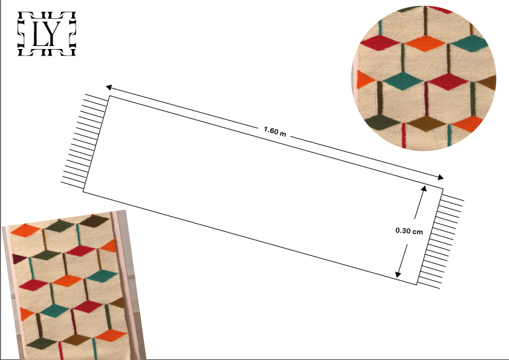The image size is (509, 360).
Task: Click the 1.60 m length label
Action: (x=275, y=131)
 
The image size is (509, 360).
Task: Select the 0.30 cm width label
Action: (x=409, y=231)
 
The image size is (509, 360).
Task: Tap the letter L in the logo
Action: (x=40, y=34)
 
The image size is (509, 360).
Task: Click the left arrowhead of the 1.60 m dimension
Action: (x=109, y=87)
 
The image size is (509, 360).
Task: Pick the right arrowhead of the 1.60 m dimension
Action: (x=440, y=177)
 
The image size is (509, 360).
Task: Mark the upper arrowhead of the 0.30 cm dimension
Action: (x=423, y=189)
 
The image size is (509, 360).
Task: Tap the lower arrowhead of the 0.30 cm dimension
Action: (x=398, y=274)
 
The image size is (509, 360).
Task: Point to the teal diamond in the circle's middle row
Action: (x=402, y=81)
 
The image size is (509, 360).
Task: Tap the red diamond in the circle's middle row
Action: (x=448, y=82)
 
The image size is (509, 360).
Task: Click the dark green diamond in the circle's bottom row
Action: (x=382, y=122)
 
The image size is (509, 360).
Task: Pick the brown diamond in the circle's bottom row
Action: (x=426, y=123)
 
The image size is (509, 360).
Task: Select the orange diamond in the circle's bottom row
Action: (x=468, y=124)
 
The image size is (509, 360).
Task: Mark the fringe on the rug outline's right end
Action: (x=441, y=241)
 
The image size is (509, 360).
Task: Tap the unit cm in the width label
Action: (x=418, y=232)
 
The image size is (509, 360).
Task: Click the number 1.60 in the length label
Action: (x=271, y=130)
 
